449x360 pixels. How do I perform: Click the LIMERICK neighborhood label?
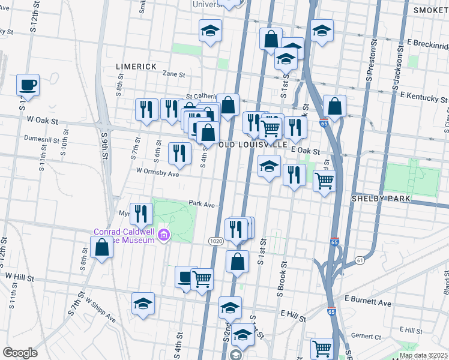pos(136,66)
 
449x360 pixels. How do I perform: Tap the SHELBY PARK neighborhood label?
pos(381,198)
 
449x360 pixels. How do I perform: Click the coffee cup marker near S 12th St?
pos(28,85)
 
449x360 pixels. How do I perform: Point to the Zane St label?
pos(174,74)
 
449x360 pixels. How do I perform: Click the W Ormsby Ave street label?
pos(158,173)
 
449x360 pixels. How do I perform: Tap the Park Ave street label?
pos(202,204)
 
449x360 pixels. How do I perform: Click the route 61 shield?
pos(360,260)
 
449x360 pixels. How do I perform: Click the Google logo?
pos(20,353)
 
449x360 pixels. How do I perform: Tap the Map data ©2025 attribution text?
pos(423,355)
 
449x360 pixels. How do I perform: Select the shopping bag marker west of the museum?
pos(102,247)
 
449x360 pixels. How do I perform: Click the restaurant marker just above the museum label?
pos(141,213)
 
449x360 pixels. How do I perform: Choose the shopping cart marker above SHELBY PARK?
pos(324,180)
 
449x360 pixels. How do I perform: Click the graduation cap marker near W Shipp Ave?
pos(143,304)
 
